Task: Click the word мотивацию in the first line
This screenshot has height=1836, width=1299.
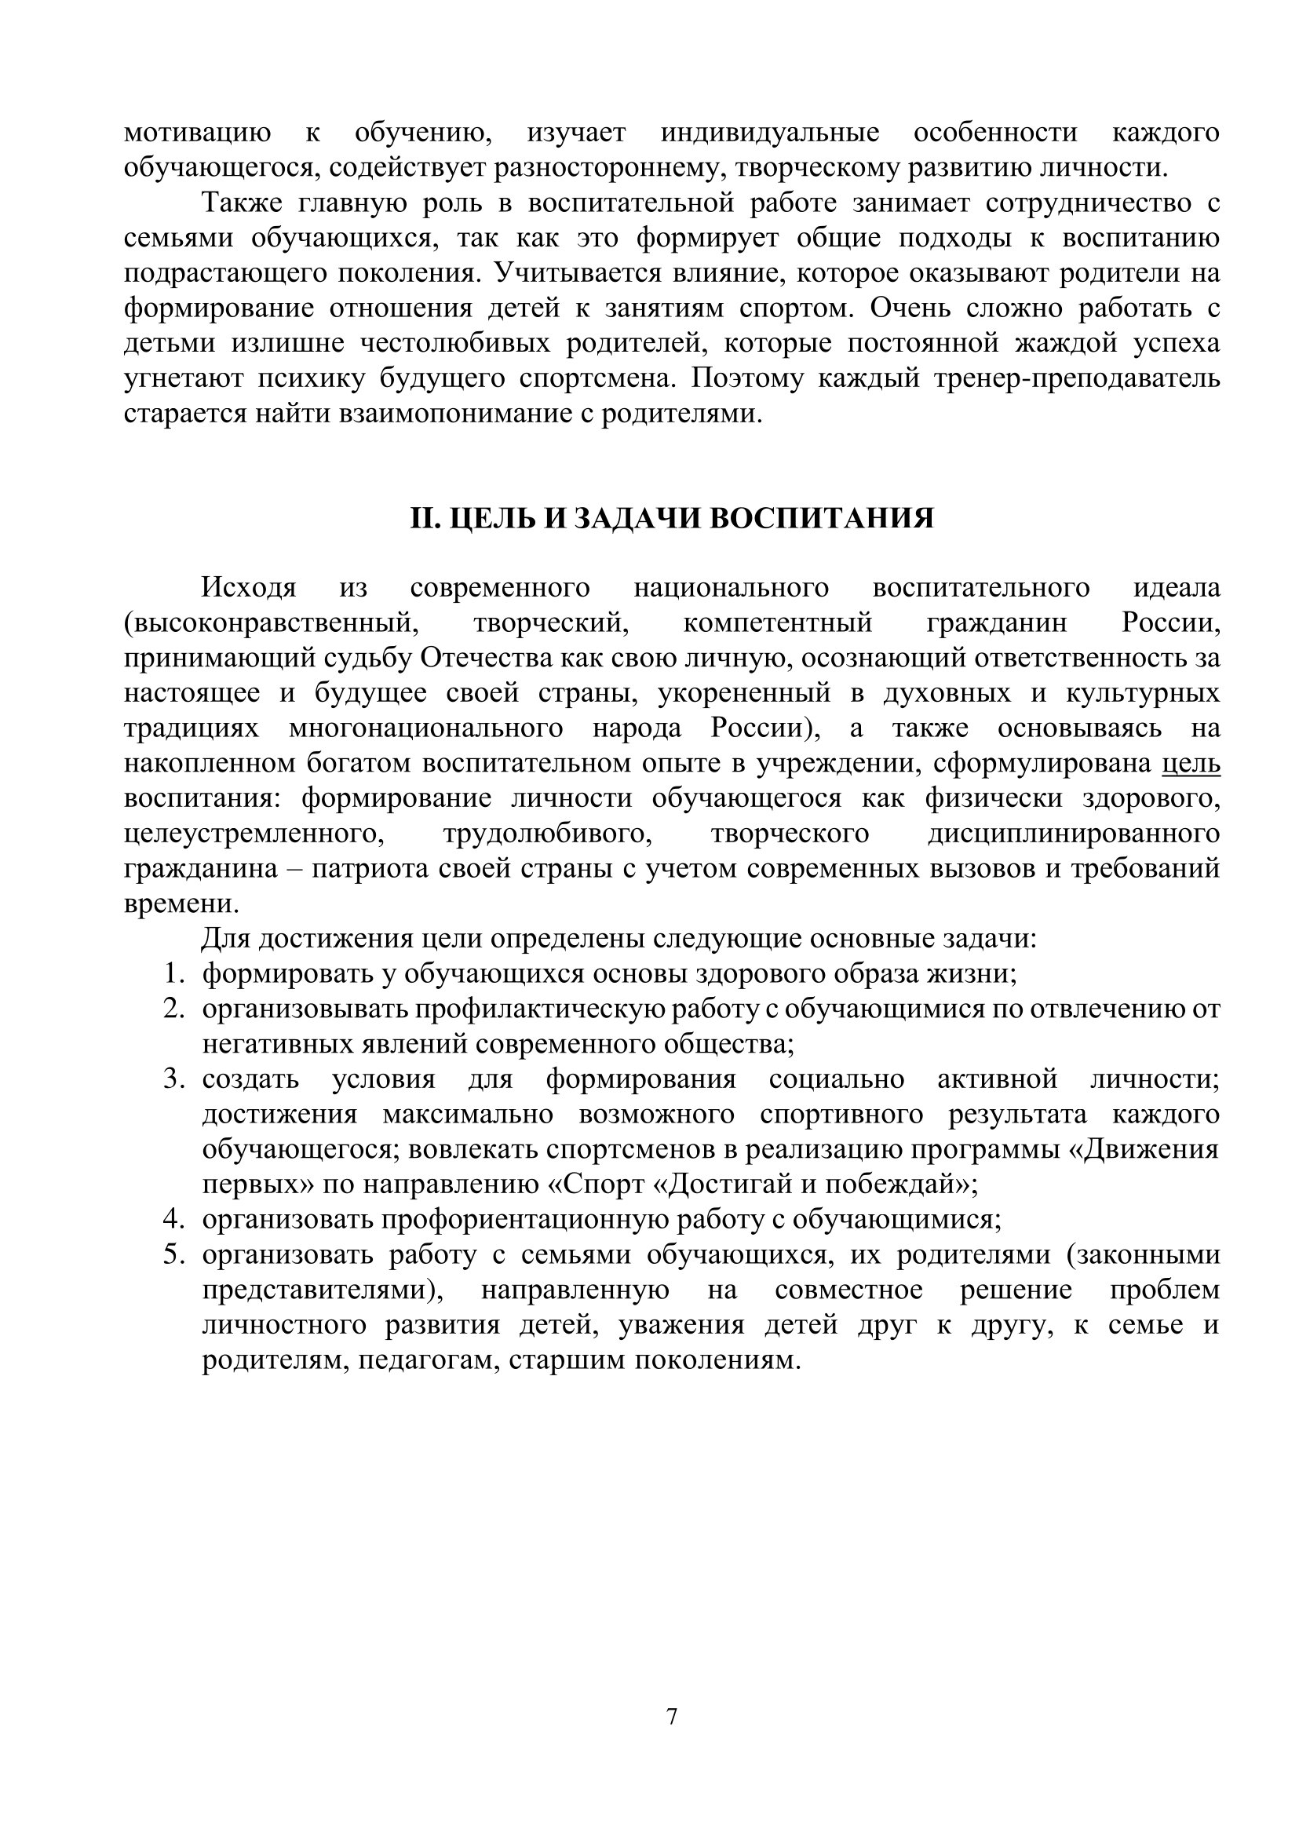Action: pyautogui.click(x=197, y=133)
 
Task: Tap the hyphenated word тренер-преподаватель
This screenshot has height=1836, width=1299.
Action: pyautogui.click(x=1077, y=378)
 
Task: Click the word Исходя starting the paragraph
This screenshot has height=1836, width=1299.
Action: pyautogui.click(x=249, y=588)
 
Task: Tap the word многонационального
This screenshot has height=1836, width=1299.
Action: pyautogui.click(x=426, y=728)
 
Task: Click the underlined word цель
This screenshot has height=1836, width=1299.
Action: pyautogui.click(x=1190, y=763)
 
